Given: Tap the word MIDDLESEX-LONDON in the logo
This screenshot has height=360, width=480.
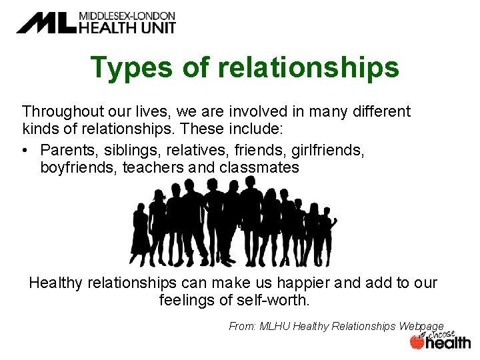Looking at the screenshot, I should coord(127,15).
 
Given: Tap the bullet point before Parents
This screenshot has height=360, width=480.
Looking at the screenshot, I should coord(27,149).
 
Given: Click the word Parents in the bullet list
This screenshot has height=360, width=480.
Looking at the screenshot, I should coord(67,149).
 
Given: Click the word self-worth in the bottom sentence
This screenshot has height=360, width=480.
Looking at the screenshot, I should coord(273,301).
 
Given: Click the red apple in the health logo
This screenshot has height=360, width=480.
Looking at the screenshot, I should coord(417,342).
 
